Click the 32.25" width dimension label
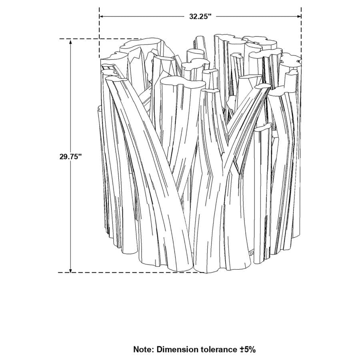tap(200, 16)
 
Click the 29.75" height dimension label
tap(70, 156)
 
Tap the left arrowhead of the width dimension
tap(102, 16)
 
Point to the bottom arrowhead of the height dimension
tap(71, 270)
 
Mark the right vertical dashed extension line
tap(301, 36)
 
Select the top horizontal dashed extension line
tap(100, 39)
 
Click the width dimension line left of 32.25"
tap(140, 16)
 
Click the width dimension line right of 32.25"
tap(260, 16)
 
